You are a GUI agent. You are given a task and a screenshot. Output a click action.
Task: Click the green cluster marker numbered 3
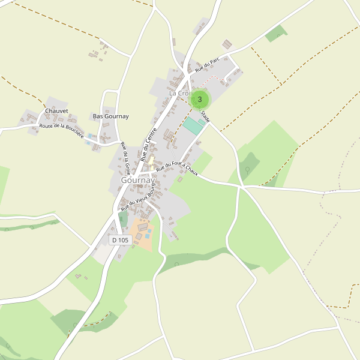pyautogui.click(x=200, y=99)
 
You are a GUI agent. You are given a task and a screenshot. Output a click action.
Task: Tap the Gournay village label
pyautogui.click(x=137, y=179)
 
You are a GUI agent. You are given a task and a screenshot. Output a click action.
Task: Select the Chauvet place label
pyautogui.click(x=56, y=111)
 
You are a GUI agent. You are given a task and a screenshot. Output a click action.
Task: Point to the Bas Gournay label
pyautogui.click(x=110, y=116)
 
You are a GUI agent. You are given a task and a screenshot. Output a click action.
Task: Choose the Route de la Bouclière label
pyautogui.click(x=61, y=130)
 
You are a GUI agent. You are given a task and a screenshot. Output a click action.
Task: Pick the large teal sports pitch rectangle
pyautogui.click(x=193, y=126)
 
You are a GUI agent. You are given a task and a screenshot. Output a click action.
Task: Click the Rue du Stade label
pyautogui.click(x=205, y=114)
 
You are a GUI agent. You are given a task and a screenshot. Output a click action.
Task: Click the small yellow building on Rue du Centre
pyautogui.click(x=151, y=161)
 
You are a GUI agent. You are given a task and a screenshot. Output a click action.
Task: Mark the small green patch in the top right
pyautogui.click(x=276, y=34)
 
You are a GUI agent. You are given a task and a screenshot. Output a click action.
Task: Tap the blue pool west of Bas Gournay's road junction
pyautogui.click(x=90, y=136)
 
